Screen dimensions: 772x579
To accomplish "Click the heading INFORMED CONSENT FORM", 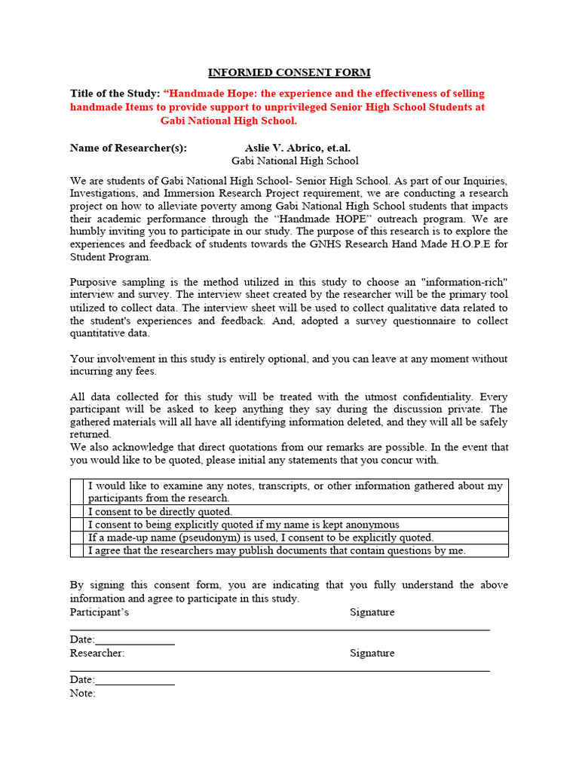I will [289, 72].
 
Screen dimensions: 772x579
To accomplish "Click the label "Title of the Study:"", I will [115, 93].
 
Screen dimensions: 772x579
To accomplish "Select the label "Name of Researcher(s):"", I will [128, 148].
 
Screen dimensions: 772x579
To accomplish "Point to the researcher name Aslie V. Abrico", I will [297, 148].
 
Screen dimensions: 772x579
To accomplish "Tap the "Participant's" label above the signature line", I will [100, 612].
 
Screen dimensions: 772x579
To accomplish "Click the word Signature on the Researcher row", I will [372, 653].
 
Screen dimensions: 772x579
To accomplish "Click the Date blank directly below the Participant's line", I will [135, 640].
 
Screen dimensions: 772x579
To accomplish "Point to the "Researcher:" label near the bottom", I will [97, 653].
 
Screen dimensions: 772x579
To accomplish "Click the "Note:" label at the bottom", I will [83, 693].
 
